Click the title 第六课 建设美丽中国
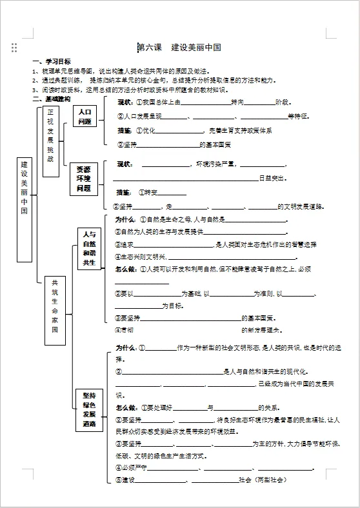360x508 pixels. pos(180,48)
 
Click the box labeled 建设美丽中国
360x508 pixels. pos(25,210)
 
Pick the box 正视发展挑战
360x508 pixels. pos(51,140)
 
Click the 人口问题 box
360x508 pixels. pos(85,117)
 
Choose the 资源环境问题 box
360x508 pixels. pos(84,178)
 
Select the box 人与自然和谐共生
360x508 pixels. pos(89,248)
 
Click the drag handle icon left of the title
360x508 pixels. pos(14,48)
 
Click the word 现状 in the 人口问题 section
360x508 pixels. pos(125,103)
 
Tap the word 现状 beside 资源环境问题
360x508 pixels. pos(125,164)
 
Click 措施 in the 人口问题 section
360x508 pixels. pos(125,130)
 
